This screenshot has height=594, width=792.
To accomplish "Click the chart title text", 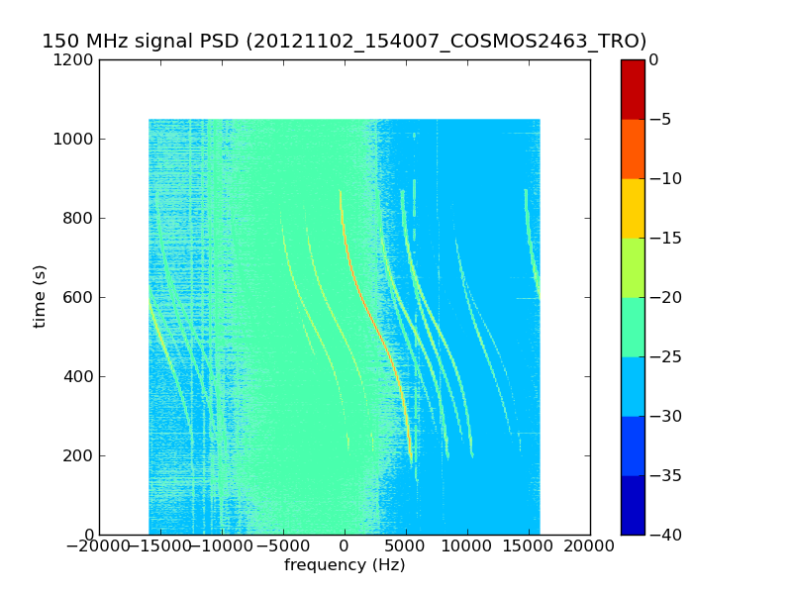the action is pyautogui.click(x=344, y=41).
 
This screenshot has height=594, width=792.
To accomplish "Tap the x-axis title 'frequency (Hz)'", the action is pyautogui.click(x=345, y=564).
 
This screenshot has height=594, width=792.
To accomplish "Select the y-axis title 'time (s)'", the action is pyautogui.click(x=40, y=296).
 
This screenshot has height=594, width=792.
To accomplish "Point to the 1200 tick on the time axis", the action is pyautogui.click(x=73, y=59).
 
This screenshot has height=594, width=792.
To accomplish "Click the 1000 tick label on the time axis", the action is pyautogui.click(x=73, y=139).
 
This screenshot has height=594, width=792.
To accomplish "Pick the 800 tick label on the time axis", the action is pyautogui.click(x=78, y=218).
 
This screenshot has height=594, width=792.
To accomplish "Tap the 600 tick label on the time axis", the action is pyautogui.click(x=78, y=298).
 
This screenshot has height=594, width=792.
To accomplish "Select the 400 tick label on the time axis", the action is pyautogui.click(x=78, y=376).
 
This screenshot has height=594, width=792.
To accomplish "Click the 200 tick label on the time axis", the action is pyautogui.click(x=78, y=455).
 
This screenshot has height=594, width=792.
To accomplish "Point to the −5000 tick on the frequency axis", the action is pyautogui.click(x=283, y=546).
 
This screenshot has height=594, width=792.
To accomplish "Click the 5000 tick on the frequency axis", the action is pyautogui.click(x=406, y=546).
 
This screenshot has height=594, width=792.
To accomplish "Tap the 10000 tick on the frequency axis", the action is pyautogui.click(x=467, y=546).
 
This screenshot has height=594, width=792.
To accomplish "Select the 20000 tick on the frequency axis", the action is pyautogui.click(x=589, y=546).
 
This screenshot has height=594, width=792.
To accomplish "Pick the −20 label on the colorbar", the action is pyautogui.click(x=665, y=298).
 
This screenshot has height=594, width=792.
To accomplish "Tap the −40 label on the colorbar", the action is pyautogui.click(x=665, y=535).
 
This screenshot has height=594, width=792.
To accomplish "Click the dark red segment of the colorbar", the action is pyautogui.click(x=633, y=89).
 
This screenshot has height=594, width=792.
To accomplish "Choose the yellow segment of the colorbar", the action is pyautogui.click(x=633, y=208).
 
